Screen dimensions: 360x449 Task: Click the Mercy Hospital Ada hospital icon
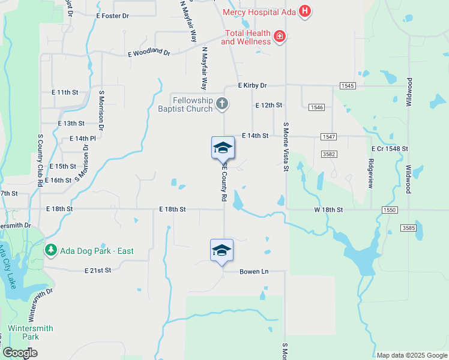tap(305, 11)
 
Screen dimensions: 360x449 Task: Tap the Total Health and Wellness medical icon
tap(279, 37)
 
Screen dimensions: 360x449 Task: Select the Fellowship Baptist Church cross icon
tap(222, 104)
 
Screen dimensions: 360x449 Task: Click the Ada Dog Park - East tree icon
tap(52, 250)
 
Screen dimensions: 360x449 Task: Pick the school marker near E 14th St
tap(223, 148)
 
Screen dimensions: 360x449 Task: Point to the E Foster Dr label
tap(112, 16)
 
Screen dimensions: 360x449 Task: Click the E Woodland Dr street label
tap(149, 53)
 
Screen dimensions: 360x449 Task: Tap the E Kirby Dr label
tap(252, 86)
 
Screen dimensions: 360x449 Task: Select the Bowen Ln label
tap(254, 272)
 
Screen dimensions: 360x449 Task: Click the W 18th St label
tap(328, 210)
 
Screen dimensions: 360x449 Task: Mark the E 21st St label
tap(98, 271)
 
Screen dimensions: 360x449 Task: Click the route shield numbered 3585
tap(408, 228)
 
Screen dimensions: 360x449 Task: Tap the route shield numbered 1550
tap(389, 210)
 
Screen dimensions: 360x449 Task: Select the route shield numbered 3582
tap(328, 154)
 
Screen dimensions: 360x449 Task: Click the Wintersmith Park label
tap(30, 332)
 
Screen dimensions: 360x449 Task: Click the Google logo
tap(20, 353)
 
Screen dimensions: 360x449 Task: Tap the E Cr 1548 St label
tap(390, 148)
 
